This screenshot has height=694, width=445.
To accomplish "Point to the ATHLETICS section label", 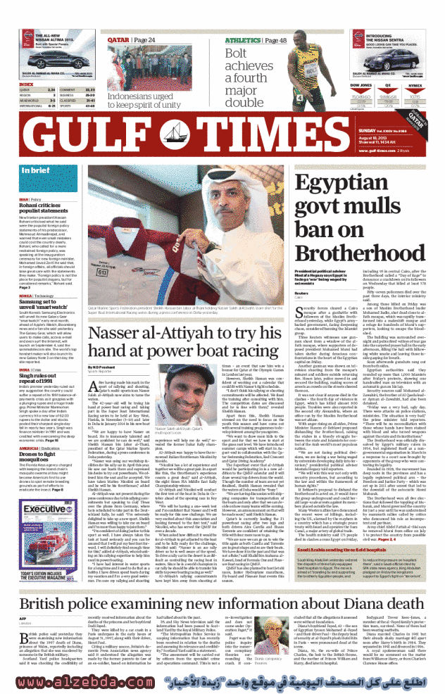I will tap(244, 41).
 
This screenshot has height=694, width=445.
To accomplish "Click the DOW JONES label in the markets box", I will tap(360, 84).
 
